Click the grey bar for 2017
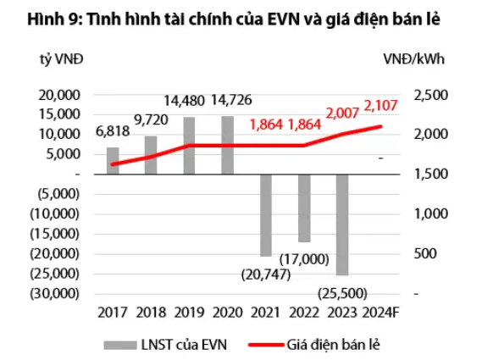pyautogui.click(x=113, y=160)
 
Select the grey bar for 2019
pyautogui.click(x=189, y=145)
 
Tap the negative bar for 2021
pyautogui.click(x=265, y=214)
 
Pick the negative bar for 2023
pyautogui.click(x=341, y=224)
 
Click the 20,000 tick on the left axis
pyautogui.click(x=59, y=94)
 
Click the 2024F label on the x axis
pyautogui.click(x=379, y=313)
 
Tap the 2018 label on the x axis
pyautogui.click(x=151, y=313)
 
